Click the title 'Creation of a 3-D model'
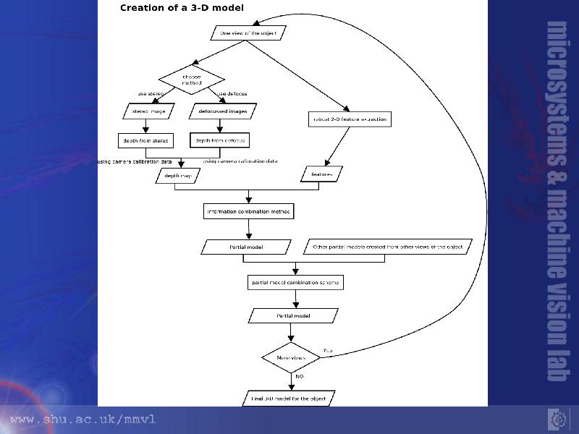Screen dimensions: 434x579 [x=182, y=8]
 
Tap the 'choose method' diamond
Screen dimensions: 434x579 [x=192, y=80]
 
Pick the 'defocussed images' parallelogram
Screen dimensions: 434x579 [x=223, y=111]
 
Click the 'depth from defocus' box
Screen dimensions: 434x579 [x=220, y=140]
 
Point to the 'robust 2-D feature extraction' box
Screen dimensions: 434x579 [x=349, y=119]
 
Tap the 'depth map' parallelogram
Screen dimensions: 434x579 [x=177, y=176]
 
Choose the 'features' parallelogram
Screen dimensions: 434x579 [x=321, y=174]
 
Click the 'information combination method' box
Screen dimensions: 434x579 [x=249, y=212]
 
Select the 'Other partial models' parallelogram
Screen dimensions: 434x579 [x=387, y=247]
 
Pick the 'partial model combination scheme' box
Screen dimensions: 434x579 [x=294, y=282]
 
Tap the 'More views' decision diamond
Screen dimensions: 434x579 [x=291, y=358]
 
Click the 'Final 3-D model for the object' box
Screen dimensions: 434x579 [x=289, y=399]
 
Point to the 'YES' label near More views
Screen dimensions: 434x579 [x=328, y=351]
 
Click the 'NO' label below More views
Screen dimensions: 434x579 [x=298, y=377]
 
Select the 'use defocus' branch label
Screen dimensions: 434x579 [x=232, y=94]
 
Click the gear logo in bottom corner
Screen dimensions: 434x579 [x=558, y=419]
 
